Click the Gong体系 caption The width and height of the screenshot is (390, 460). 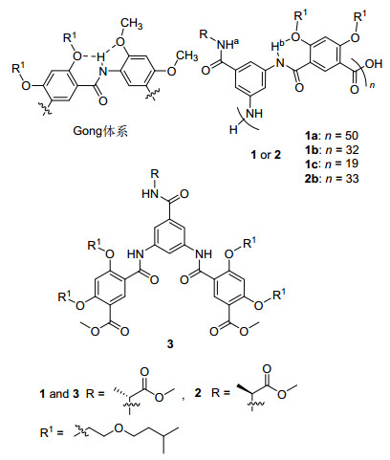(100, 131)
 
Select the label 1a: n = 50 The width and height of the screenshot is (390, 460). (332, 136)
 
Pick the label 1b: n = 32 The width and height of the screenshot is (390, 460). (332, 150)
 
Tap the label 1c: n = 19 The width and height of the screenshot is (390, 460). (332, 164)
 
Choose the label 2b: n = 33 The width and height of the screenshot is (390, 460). (332, 178)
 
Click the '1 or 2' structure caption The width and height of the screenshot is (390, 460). (266, 155)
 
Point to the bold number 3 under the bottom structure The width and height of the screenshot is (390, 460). (170, 344)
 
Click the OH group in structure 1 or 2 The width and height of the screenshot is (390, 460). (374, 64)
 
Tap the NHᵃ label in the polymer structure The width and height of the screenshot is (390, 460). (227, 44)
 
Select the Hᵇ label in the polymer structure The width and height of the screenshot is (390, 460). (276, 46)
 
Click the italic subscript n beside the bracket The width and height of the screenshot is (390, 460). (372, 85)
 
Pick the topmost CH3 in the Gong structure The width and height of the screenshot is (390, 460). (131, 24)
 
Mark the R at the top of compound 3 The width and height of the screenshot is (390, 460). (155, 174)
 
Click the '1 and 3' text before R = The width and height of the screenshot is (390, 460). (59, 394)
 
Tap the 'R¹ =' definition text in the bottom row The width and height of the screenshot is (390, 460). (52, 432)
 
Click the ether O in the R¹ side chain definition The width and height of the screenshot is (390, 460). (119, 428)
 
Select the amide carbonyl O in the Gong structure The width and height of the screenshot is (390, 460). (102, 101)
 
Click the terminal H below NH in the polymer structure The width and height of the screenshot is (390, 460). (233, 129)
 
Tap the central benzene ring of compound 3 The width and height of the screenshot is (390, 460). (169, 238)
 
